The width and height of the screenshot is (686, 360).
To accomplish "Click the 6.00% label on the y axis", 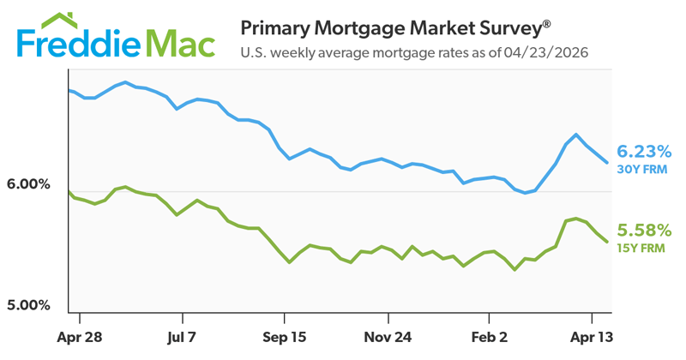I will (x=30, y=185).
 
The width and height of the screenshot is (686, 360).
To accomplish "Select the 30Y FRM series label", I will (x=642, y=169).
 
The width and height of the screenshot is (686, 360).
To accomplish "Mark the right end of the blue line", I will (x=608, y=163).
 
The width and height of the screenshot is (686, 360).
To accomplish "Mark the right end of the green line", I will (x=608, y=242).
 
